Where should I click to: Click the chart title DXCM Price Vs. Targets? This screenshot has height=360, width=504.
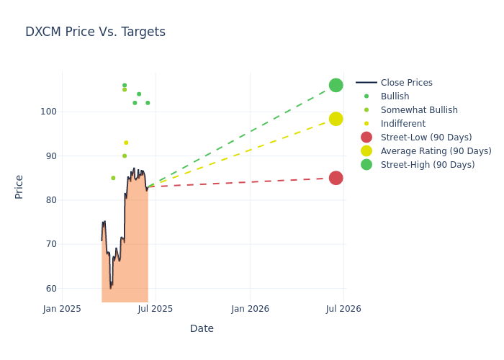click(95, 32)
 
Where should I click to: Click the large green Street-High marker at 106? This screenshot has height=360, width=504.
click(336, 85)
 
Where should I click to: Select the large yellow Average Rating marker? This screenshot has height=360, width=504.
click(336, 119)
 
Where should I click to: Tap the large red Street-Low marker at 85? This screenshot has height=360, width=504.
click(336, 178)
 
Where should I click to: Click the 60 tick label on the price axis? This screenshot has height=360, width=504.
click(50, 288)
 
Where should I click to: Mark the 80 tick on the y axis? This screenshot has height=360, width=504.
click(50, 200)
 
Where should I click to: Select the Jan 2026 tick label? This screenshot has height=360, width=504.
click(250, 309)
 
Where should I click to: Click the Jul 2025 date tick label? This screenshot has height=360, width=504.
click(156, 309)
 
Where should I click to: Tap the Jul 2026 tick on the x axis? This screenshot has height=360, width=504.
click(343, 309)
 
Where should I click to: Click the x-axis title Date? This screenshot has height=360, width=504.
click(202, 328)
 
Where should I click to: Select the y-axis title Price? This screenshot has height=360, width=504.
click(19, 186)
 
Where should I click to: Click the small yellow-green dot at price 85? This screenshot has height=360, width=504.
click(113, 178)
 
